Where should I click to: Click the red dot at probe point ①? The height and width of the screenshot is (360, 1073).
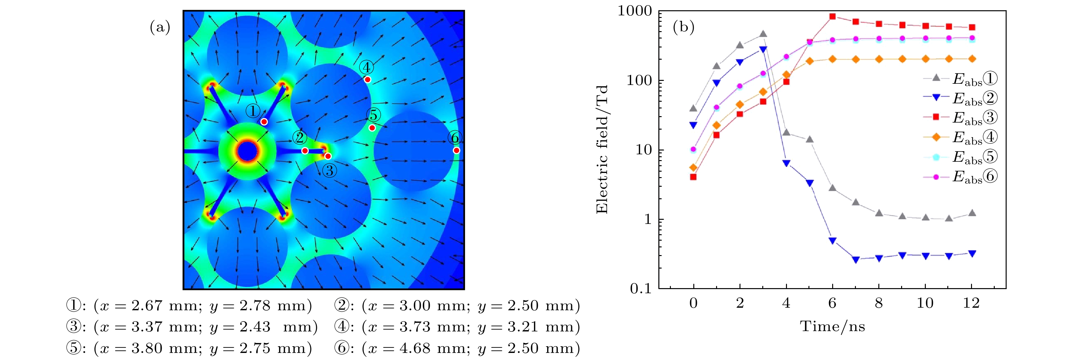tap(264, 122)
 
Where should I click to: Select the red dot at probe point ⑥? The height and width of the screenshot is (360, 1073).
tap(457, 150)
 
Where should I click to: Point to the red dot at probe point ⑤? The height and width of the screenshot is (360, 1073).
tap(372, 128)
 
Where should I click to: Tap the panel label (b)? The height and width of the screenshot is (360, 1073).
tap(684, 28)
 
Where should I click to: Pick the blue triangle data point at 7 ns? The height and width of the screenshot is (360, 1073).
tap(856, 260)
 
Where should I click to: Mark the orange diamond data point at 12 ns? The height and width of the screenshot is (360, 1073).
tap(972, 59)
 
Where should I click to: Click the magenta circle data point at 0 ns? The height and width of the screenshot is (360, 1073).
tap(693, 149)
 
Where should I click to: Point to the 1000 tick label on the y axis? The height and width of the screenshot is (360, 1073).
tap(634, 11)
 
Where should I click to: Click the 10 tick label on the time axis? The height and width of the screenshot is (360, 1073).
tap(925, 303)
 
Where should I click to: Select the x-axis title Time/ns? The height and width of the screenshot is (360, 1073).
tap(832, 326)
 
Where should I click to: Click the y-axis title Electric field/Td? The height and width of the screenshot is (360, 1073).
tap(602, 149)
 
